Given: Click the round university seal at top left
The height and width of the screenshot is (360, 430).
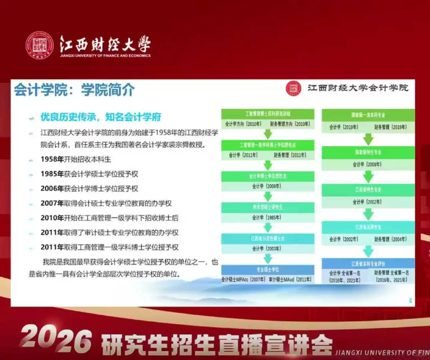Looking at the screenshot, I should tap(40, 45).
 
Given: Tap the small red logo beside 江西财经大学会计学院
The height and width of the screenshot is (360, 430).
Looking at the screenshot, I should tap(293, 88).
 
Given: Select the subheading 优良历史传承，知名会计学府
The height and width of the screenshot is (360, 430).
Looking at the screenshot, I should tap(101, 117).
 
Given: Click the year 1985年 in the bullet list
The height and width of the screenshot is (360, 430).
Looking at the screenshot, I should tap(52, 174).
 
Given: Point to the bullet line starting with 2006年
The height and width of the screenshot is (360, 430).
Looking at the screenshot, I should tap(89, 189).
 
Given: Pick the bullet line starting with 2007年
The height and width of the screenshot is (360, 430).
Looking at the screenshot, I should tap(106, 203).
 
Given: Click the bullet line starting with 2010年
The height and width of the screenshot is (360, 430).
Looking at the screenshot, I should tap(109, 218).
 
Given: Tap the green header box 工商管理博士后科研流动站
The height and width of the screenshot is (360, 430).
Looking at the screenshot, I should tap(268, 114).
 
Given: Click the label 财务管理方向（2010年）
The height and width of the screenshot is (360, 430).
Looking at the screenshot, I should tap(290, 124).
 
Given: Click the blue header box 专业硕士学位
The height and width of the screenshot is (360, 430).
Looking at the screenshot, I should tap(268, 269).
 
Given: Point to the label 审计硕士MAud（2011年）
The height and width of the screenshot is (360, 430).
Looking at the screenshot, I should tap(290, 280).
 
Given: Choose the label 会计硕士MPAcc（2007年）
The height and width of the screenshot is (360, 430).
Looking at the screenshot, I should tap(243, 280).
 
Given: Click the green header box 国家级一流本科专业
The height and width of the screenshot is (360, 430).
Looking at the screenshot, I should tap(368, 115).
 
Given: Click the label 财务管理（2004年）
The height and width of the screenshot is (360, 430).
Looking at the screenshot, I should tap(390, 239).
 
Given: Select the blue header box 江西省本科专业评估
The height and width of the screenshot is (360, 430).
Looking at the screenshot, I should tap(368, 264).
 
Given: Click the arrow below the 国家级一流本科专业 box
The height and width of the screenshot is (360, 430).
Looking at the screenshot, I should tap(368, 139).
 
